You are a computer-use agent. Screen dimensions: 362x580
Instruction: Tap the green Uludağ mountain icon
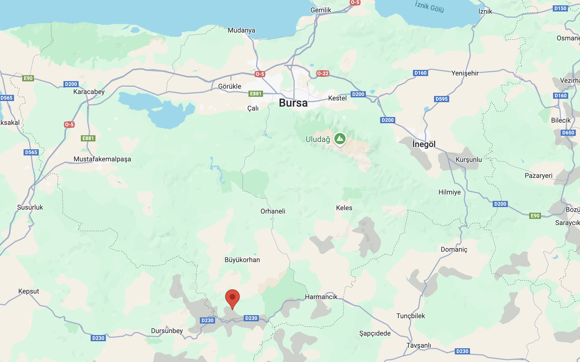pos(340,139)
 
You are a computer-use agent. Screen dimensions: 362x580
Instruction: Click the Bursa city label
pos(293,103)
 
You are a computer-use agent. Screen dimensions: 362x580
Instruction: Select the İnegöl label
pos(424,144)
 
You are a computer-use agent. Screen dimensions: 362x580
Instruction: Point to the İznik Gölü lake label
pos(429,7)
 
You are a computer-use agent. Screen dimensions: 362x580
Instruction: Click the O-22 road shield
pos(323,74)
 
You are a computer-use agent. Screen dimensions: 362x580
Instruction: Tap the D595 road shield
pos(442,99)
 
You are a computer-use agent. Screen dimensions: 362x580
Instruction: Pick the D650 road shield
pos(568,132)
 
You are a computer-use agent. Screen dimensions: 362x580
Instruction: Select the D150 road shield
pos(560,8)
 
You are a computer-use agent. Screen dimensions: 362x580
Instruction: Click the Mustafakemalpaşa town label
pos(102,159)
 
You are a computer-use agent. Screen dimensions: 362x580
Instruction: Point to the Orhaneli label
pos(273,211)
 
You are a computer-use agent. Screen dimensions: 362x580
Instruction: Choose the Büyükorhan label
pos(242,260)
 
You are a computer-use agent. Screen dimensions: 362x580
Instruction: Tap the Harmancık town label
pos(321,297)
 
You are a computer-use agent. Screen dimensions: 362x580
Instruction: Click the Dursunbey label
pos(167,331)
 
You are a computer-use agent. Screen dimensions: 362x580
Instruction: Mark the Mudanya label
pos(241,30)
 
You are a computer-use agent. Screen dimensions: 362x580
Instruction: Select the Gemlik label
pos(321,10)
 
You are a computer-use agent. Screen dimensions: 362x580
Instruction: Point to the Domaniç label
pos(454,249)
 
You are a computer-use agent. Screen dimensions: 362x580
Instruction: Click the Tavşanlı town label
pos(419,345)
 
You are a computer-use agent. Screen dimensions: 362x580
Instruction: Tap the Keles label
pos(344,208)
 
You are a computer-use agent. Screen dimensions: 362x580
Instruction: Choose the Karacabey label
pos(89,92)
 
